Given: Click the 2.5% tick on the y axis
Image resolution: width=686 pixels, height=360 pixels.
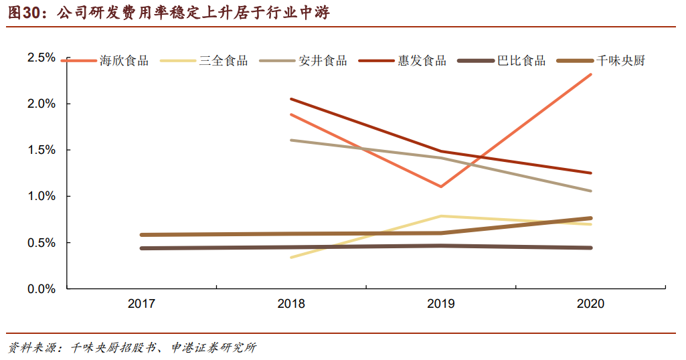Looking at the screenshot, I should [x=41, y=58].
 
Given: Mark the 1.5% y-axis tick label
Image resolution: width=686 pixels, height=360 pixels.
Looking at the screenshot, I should [x=41, y=150].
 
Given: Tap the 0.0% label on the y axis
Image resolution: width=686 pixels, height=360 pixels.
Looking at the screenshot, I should [x=41, y=289].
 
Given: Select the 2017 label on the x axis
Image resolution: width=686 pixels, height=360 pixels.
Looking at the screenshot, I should [x=141, y=304].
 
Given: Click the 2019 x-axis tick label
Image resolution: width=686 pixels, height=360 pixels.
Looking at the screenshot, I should [x=440, y=304].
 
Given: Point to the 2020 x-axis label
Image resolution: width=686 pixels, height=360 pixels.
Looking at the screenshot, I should [x=590, y=304].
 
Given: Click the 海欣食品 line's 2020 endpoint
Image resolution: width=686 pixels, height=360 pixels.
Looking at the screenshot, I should [x=590, y=74].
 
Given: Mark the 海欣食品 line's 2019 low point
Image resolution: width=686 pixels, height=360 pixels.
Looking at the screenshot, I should [x=440, y=187].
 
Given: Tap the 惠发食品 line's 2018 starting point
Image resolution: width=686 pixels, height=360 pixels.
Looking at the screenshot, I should [x=291, y=99].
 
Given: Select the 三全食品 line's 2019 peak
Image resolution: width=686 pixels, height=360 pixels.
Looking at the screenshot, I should [x=440, y=216].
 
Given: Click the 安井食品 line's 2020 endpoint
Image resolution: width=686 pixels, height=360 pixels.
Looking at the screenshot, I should [x=590, y=191].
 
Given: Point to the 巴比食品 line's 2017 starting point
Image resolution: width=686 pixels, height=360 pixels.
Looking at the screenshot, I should [x=142, y=248].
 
